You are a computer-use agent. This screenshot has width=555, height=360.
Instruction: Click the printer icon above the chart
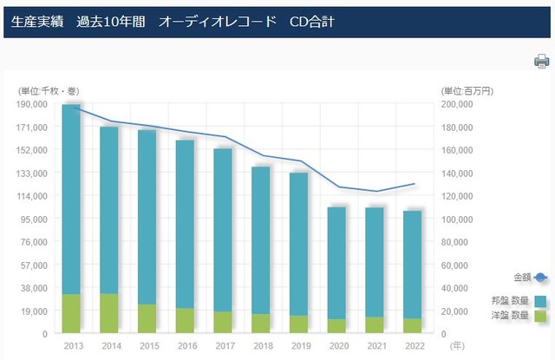tap(542, 61)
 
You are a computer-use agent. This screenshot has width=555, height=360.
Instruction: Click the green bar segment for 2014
tap(109, 312)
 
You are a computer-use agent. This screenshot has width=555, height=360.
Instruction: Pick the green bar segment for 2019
tap(298, 324)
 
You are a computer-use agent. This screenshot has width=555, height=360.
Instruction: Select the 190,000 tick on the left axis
tap(32, 104)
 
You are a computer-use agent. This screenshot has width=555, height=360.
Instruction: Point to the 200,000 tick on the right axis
tap(456, 104)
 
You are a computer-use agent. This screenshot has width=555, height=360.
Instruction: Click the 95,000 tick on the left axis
tap(35, 219)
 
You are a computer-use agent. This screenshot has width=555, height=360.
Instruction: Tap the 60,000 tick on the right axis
tap(459, 265)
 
